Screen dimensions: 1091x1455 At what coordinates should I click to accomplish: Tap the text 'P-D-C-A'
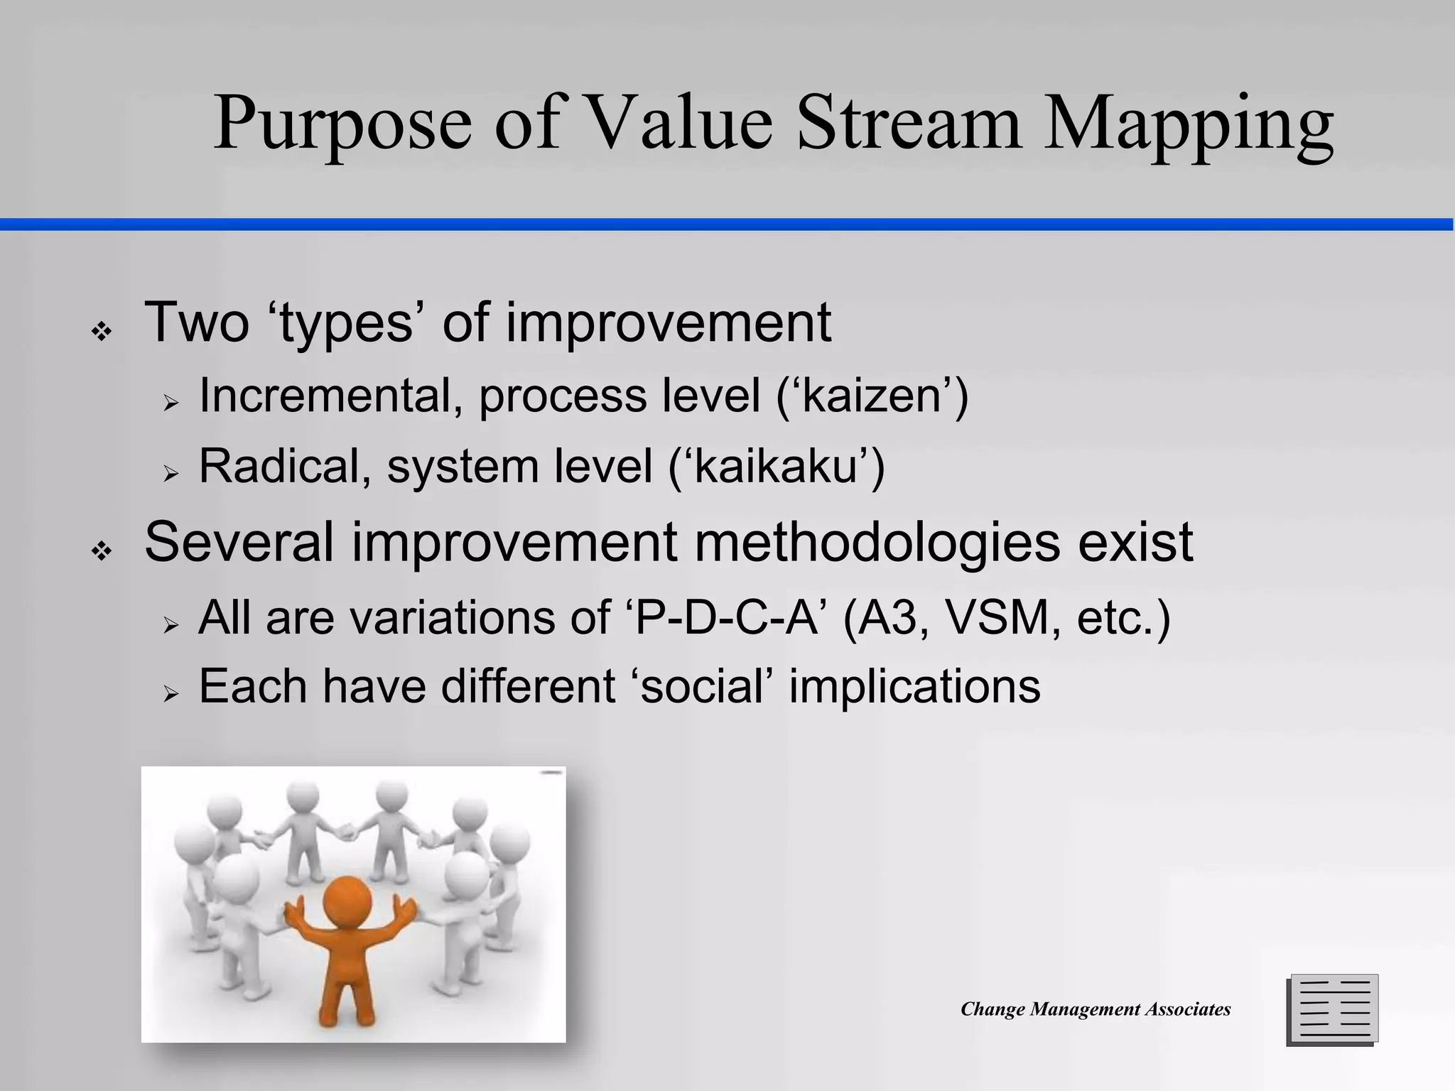pyautogui.click(x=727, y=617)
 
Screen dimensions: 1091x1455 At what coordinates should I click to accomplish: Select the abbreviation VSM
pyautogui.click(x=997, y=617)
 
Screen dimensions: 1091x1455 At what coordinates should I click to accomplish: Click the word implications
pyautogui.click(x=914, y=687)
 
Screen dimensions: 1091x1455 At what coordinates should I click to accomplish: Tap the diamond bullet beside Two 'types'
pyautogui.click(x=102, y=332)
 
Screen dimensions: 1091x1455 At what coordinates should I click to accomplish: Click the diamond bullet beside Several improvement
pyautogui.click(x=102, y=551)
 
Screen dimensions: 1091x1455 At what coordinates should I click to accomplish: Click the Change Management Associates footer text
pyautogui.click(x=1095, y=1009)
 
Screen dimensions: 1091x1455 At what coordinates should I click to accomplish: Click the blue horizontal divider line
pyautogui.click(x=727, y=224)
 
